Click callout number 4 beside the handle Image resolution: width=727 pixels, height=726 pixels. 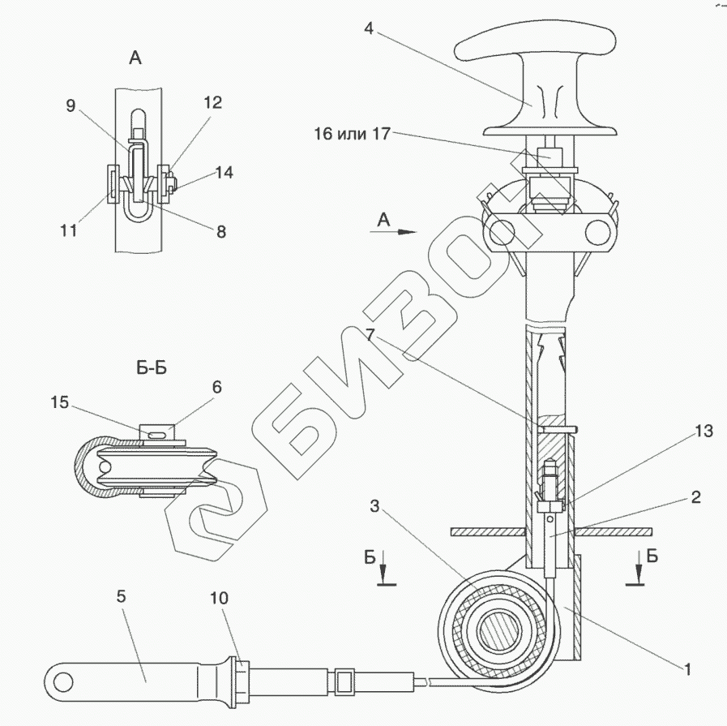click(x=368, y=30)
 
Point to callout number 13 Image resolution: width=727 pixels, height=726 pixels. click(x=703, y=432)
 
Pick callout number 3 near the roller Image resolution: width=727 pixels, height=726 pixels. click(x=374, y=507)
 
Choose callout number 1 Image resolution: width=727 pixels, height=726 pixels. click(x=687, y=670)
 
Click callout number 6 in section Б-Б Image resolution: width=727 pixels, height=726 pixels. click(x=216, y=388)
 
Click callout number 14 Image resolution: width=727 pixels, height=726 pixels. click(x=225, y=172)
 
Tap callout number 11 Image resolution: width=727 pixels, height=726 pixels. click(x=68, y=230)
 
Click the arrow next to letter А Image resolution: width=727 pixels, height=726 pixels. click(x=398, y=231)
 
